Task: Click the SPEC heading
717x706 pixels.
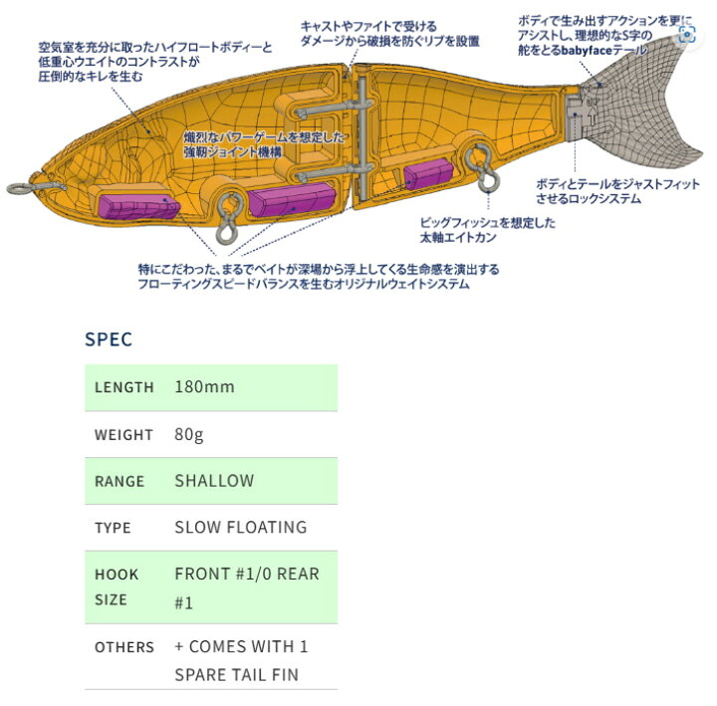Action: pyautogui.click(x=109, y=339)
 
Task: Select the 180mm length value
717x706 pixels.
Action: pyautogui.click(x=204, y=386)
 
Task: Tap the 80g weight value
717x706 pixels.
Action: pyautogui.click(x=189, y=434)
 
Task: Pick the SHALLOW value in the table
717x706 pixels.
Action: pyautogui.click(x=214, y=481)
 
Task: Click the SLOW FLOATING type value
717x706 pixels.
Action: pyautogui.click(x=241, y=527)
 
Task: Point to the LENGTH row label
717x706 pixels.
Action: pyautogui.click(x=123, y=387)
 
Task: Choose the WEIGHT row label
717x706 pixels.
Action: pyautogui.click(x=123, y=435)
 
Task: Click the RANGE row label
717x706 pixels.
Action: pyautogui.click(x=119, y=481)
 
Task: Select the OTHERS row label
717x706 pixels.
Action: pyautogui.click(x=124, y=647)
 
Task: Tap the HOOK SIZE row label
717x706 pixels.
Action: pyautogui.click(x=117, y=587)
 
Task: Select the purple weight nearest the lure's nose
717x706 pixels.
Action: pyautogui.click(x=139, y=206)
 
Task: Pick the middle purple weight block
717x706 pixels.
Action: pyautogui.click(x=292, y=198)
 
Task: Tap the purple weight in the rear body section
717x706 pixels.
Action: pyautogui.click(x=428, y=173)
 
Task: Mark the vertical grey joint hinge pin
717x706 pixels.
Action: pyautogui.click(x=362, y=137)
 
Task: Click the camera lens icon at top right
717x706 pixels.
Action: pyautogui.click(x=687, y=34)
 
